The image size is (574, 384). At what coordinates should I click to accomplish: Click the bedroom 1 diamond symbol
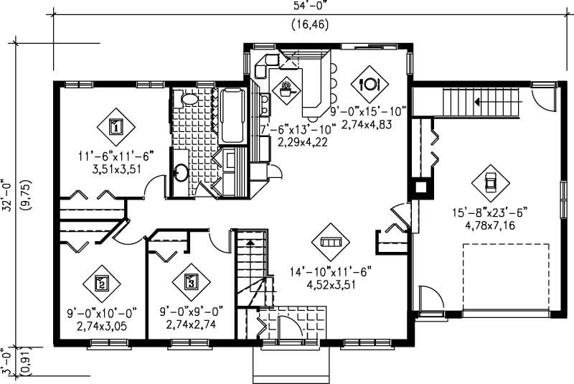[116, 127]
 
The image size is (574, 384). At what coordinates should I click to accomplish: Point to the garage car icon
[490, 182]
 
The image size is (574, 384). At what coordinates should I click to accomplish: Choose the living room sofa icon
[330, 242]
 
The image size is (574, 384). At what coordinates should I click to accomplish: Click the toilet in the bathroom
[189, 99]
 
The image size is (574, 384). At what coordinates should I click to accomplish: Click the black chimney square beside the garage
[419, 188]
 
